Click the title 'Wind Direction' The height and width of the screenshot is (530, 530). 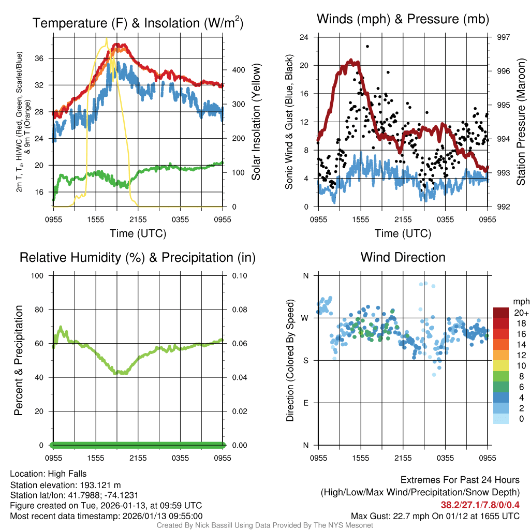click(403, 257)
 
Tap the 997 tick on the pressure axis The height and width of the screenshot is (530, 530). click(503, 37)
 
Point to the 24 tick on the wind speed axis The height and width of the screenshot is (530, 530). click(304, 37)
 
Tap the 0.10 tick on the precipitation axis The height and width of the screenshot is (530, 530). click(238, 275)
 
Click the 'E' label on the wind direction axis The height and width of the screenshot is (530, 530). click(305, 403)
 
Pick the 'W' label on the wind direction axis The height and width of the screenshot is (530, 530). click(305, 318)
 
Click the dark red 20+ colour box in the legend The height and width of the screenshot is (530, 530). click(501, 313)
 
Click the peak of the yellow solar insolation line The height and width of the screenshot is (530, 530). click(107, 39)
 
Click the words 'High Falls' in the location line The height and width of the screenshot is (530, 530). click(67, 474)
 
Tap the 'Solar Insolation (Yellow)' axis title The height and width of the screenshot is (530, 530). click(256, 122)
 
